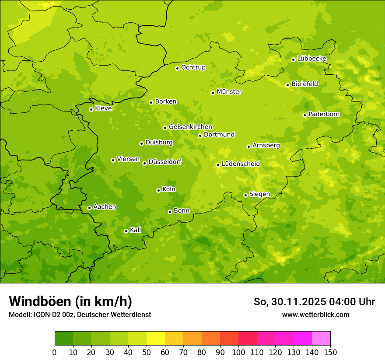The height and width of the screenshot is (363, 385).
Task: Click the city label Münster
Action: click(x=229, y=92)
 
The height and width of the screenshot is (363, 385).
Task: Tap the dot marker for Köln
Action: click(x=158, y=190)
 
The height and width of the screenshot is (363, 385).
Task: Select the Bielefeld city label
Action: click(x=304, y=84)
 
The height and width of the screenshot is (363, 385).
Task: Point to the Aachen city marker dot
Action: click(x=89, y=208)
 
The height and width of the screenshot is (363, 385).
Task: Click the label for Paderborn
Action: click(x=324, y=114)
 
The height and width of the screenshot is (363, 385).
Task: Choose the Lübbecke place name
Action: click(x=311, y=59)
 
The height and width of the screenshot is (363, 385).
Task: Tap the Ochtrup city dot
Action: click(x=177, y=68)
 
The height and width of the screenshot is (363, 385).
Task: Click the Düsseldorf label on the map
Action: click(x=164, y=162)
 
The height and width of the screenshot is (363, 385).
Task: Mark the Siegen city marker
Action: click(x=245, y=195)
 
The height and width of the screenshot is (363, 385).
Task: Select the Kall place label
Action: click(x=136, y=230)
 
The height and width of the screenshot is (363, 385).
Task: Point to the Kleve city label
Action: click(x=103, y=108)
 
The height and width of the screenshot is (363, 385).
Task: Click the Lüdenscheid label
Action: click(x=241, y=164)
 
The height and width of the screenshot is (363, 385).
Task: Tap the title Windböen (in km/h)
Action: click(x=70, y=301)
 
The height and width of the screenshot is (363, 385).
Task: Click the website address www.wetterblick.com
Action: click(x=315, y=314)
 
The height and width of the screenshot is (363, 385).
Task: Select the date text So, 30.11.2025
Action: click(x=289, y=302)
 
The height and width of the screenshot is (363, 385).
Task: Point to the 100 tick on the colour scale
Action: click(x=238, y=352)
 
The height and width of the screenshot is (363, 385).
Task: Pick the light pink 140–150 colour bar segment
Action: click(x=321, y=339)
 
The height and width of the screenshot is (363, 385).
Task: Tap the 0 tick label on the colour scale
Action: click(x=55, y=352)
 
